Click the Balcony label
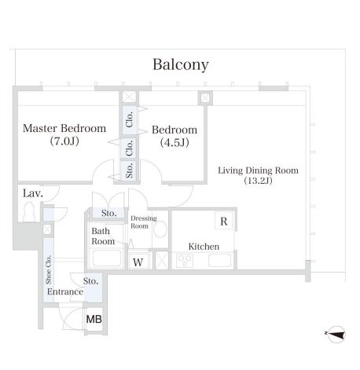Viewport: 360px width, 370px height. tap(181, 64)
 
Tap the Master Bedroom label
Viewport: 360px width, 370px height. tap(64, 128)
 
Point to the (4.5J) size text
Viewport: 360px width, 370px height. tap(174, 142)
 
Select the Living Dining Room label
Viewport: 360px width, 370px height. tap(258, 170)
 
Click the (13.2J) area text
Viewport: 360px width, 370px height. tap(258, 181)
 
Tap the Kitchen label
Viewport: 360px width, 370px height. tap(204, 247)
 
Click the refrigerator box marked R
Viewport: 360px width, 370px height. tap(224, 221)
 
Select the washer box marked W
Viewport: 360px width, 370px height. tap(138, 262)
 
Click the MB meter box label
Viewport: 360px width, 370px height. tap(94, 319)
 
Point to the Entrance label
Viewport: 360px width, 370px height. tap(65, 291)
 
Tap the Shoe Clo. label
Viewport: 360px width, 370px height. tap(49, 270)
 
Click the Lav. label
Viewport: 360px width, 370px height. tap(33, 193)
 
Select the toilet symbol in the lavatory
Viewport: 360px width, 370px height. tap(29, 212)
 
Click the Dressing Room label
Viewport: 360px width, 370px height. tap(144, 222)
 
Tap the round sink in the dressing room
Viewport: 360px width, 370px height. tap(160, 229)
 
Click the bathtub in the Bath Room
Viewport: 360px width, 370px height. tap(107, 258)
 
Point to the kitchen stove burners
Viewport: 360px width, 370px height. tap(185, 261)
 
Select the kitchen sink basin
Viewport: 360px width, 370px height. tap(220, 260)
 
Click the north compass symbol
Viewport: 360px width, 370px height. tap(336, 334)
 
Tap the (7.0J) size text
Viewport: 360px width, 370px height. tap(64, 141)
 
